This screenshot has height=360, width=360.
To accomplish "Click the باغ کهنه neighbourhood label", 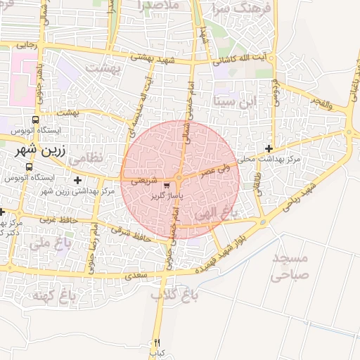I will coord(53,295).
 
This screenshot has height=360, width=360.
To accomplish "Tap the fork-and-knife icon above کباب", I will coord(157,342).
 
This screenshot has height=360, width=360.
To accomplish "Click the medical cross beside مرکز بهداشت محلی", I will coord(269,148).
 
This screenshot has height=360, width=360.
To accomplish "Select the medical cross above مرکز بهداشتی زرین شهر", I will coord(77,181).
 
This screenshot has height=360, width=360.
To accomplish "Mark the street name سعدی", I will coord(137,276).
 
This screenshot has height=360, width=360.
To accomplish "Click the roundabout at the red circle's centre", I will coord(180,179).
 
